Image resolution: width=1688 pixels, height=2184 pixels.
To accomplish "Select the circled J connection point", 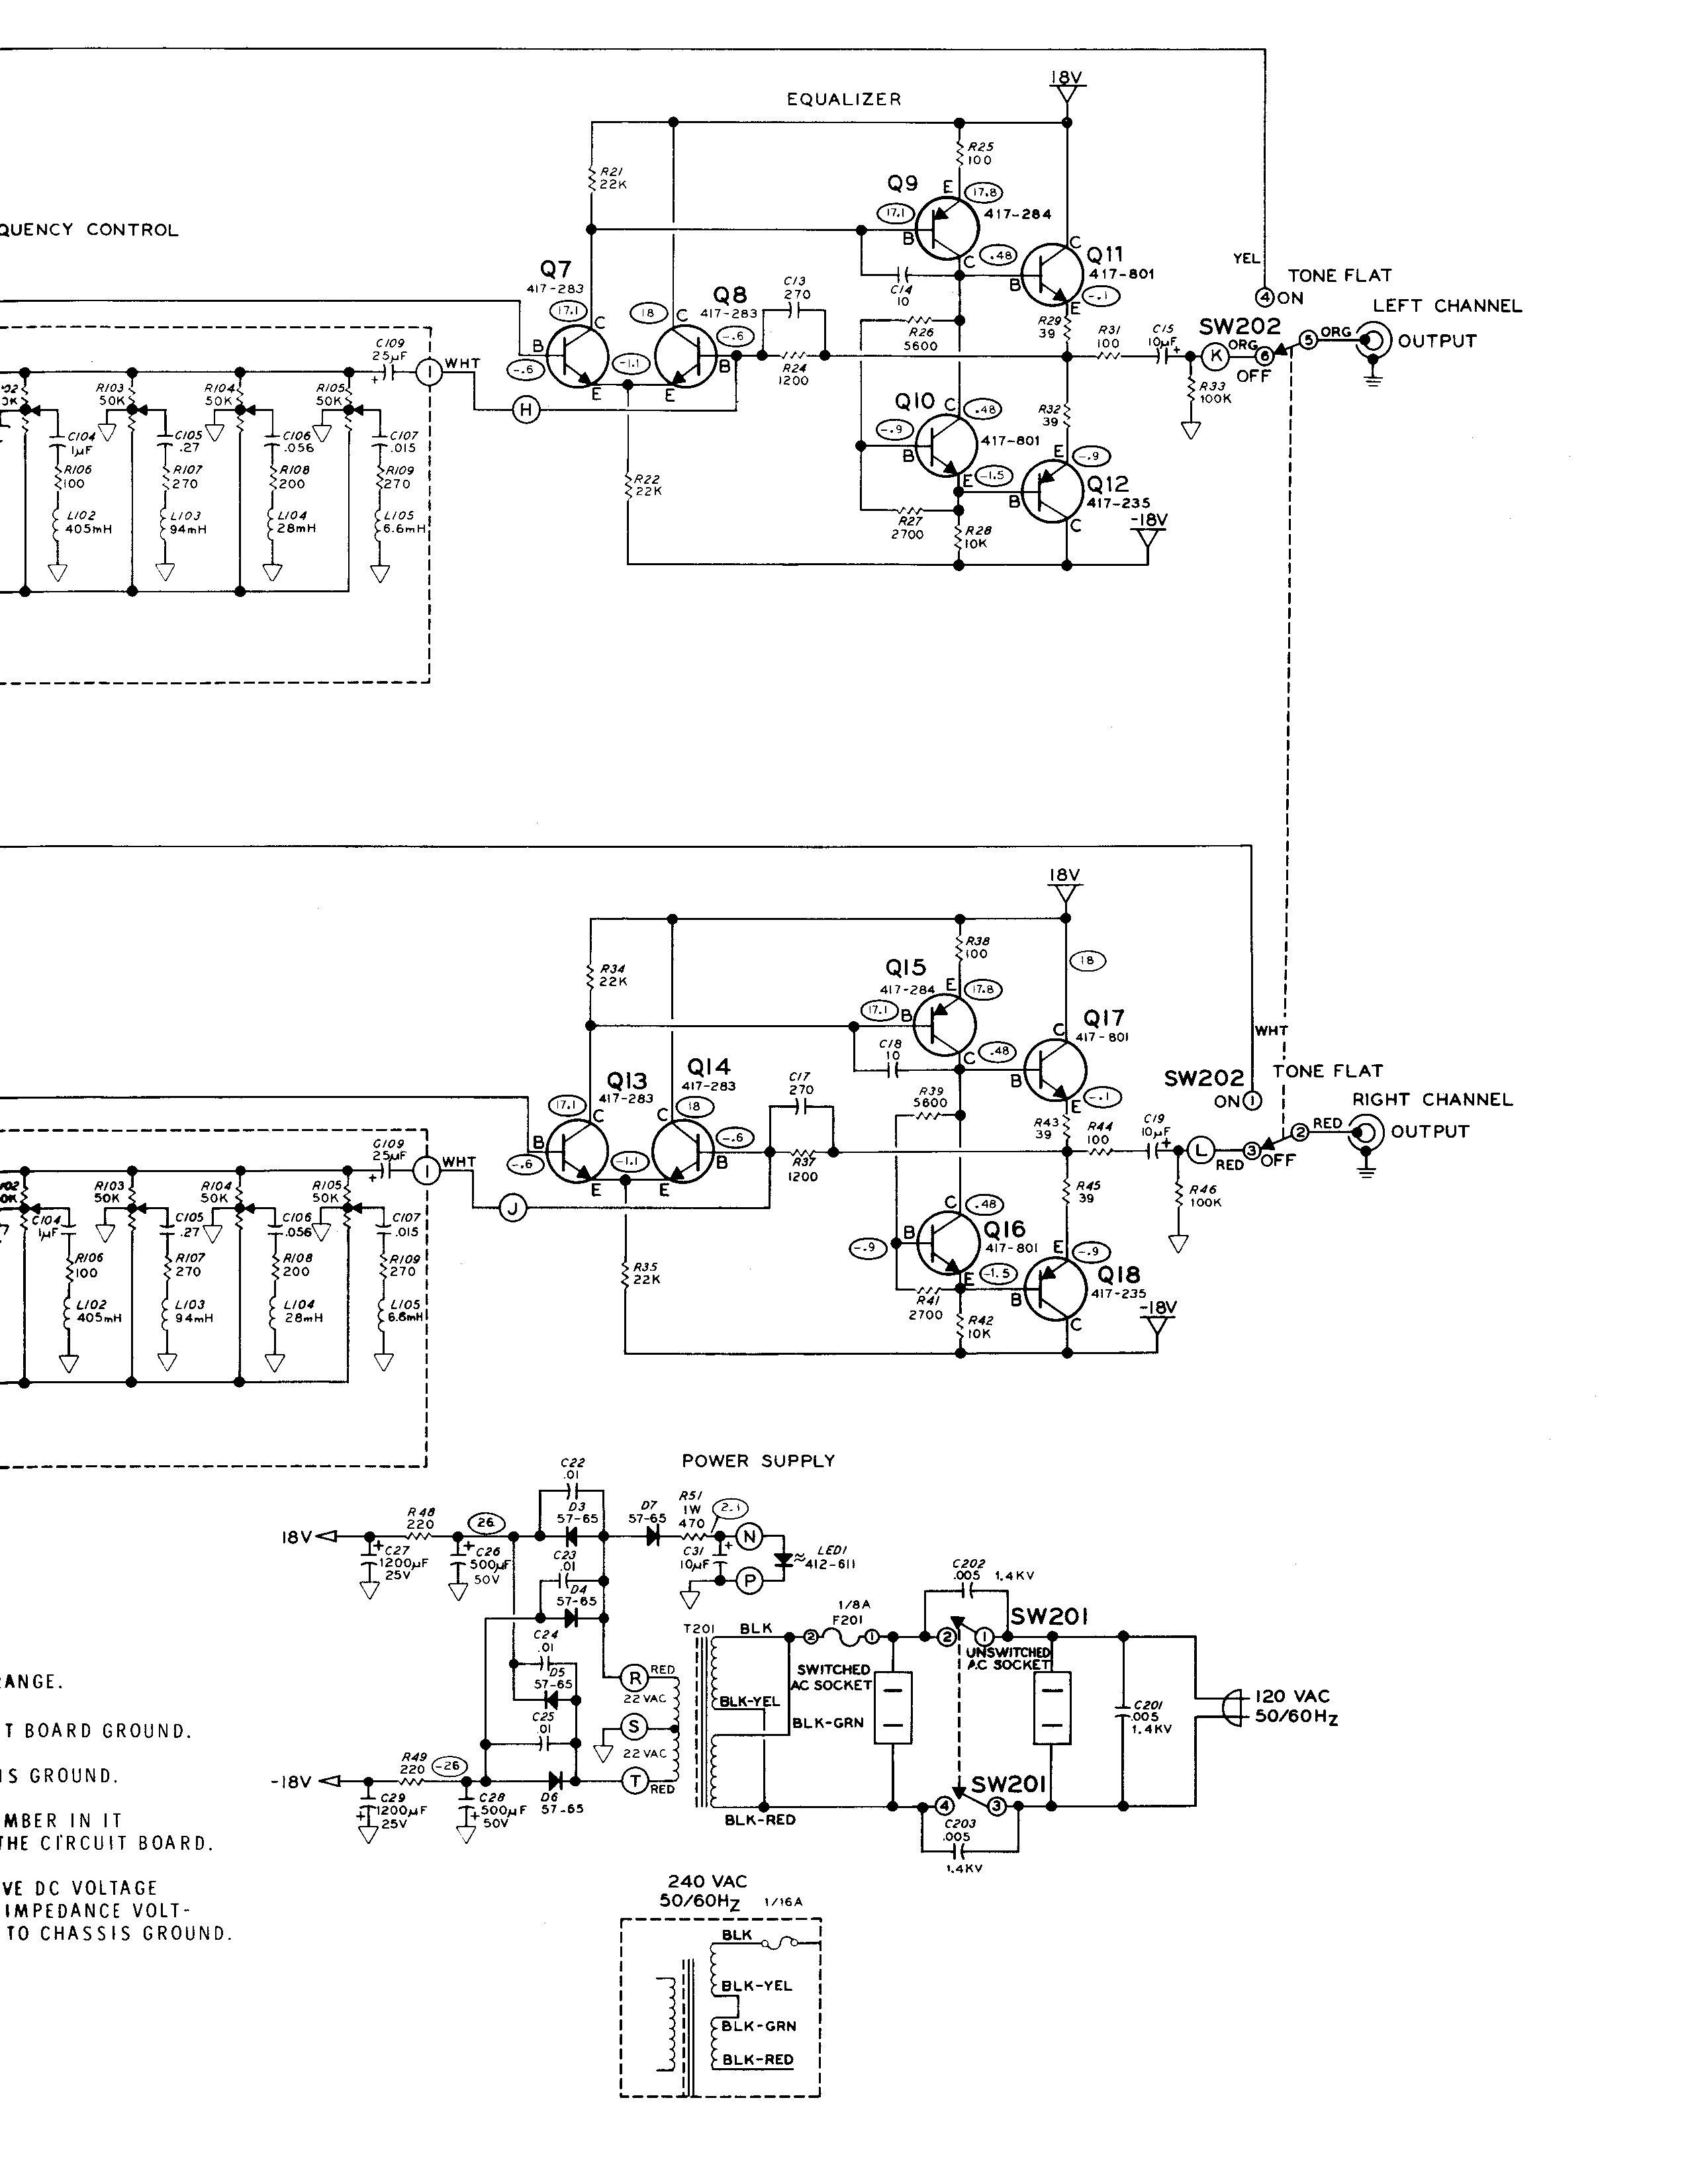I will click(512, 1209).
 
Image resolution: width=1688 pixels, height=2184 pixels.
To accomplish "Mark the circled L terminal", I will click(1201, 1151).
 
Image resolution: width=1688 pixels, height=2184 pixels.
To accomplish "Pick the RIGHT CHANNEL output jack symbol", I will click(1366, 1133).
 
